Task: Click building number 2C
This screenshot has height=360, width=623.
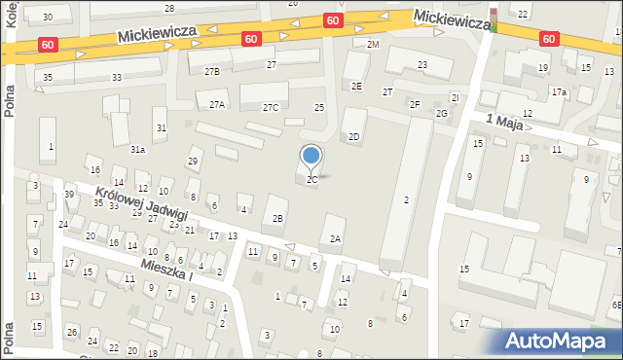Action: click(x=311, y=180)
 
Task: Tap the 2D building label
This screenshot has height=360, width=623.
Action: click(x=354, y=137)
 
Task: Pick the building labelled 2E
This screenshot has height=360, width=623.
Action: click(x=357, y=87)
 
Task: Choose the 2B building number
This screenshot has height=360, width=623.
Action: click(x=278, y=218)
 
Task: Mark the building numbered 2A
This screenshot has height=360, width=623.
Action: click(x=336, y=238)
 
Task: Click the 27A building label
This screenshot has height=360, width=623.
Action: click(x=216, y=105)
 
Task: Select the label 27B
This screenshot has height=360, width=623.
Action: click(x=211, y=72)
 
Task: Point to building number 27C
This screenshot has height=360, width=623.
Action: click(x=270, y=107)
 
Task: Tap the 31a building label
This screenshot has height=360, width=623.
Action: click(x=138, y=149)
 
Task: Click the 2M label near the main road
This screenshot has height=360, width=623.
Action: click(x=373, y=45)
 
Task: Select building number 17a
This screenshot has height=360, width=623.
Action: click(x=559, y=92)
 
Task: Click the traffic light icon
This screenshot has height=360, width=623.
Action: click(x=493, y=18)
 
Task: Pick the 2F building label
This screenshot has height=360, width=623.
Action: click(x=415, y=104)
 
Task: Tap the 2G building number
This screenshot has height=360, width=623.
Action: click(x=442, y=114)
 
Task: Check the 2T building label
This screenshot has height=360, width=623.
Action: click(x=387, y=91)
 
